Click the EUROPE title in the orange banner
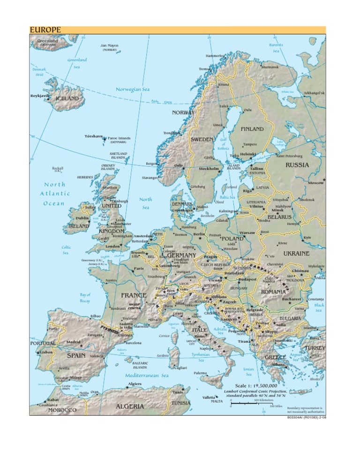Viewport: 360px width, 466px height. click(45, 30)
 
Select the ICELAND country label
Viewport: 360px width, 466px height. click(67, 99)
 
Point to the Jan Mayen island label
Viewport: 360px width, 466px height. click(109, 46)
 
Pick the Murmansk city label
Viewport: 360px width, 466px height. click(270, 67)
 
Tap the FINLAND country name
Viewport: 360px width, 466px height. click(252, 128)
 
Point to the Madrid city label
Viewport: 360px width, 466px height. click(74, 342)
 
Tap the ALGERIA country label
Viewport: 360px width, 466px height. click(130, 406)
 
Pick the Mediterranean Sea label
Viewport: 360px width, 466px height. click(147, 375)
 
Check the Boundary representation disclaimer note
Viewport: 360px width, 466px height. click(305, 410)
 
